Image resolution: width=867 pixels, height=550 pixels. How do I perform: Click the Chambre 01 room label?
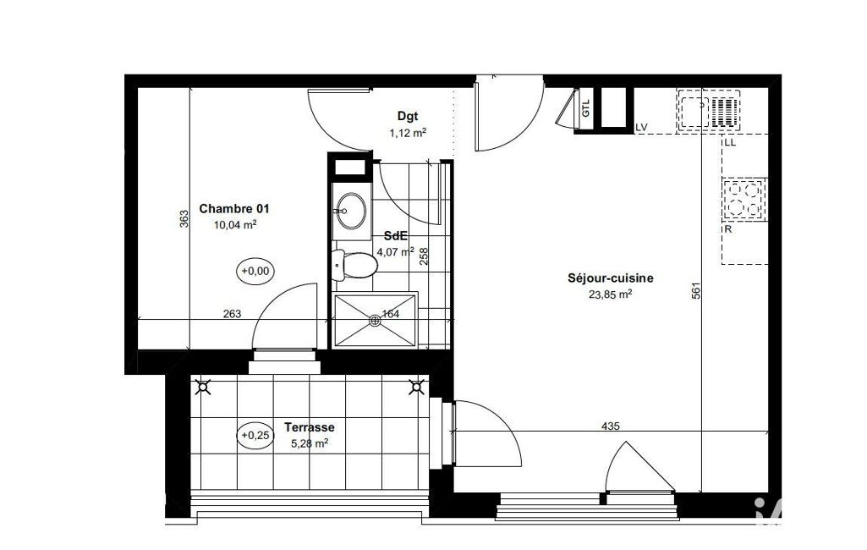[x=234, y=209]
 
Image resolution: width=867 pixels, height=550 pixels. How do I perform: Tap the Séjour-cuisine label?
[x=611, y=278]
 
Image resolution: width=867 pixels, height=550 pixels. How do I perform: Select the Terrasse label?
[x=310, y=427]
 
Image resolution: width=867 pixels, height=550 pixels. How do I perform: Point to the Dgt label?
[x=408, y=116]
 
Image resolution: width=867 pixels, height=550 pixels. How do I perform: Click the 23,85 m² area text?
[x=611, y=294]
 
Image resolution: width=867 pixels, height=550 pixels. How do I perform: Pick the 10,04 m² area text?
[x=235, y=224]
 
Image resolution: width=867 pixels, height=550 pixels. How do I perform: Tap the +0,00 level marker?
[x=255, y=271]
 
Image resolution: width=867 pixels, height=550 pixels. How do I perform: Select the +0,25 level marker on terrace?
[x=255, y=436]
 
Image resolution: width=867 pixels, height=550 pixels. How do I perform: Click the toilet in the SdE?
[x=354, y=266]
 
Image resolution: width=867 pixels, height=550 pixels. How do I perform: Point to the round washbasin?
[x=351, y=210]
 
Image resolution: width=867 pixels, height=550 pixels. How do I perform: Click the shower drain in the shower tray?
[x=375, y=320]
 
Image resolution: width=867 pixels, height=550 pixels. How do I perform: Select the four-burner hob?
[x=744, y=199]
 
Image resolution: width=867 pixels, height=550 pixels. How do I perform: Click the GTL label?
[x=586, y=108]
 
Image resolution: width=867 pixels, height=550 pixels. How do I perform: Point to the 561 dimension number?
[x=696, y=291]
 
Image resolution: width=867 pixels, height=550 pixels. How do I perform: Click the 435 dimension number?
[x=611, y=426]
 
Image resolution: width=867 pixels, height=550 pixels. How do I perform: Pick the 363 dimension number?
[x=184, y=218]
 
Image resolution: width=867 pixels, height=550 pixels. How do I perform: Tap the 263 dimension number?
[x=233, y=314]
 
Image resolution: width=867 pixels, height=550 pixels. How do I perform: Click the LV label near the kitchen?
[x=641, y=128]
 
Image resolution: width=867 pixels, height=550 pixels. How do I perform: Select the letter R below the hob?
[x=727, y=229]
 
